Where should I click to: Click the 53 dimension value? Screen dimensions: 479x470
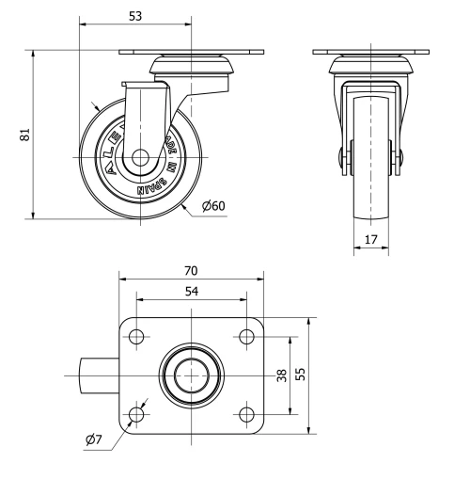coord(136,15)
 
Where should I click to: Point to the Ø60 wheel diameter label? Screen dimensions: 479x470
coord(212,206)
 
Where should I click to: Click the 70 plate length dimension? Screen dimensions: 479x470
coord(191,271)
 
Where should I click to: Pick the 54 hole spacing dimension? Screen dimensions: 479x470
coord(191,293)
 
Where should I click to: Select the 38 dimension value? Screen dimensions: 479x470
coord(281,375)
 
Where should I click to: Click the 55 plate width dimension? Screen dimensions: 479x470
coord(301,375)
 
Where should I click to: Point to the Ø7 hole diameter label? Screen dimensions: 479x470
coord(94,439)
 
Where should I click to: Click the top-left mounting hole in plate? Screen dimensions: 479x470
coord(136,337)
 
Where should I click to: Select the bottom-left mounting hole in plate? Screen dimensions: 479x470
coord(136,414)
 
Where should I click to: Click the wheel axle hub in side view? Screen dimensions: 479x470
coord(138,161)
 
